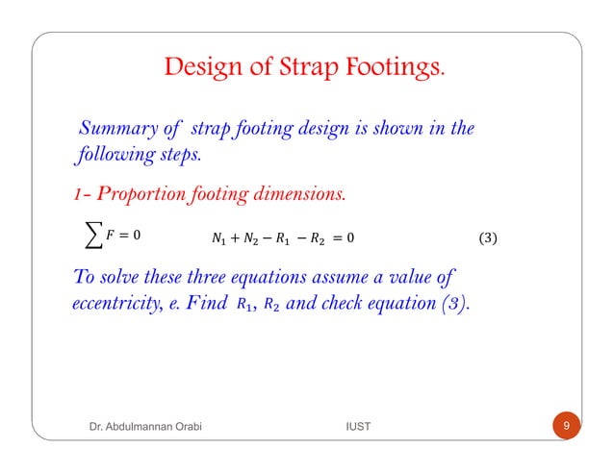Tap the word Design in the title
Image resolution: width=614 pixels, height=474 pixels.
pyautogui.click(x=203, y=68)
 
